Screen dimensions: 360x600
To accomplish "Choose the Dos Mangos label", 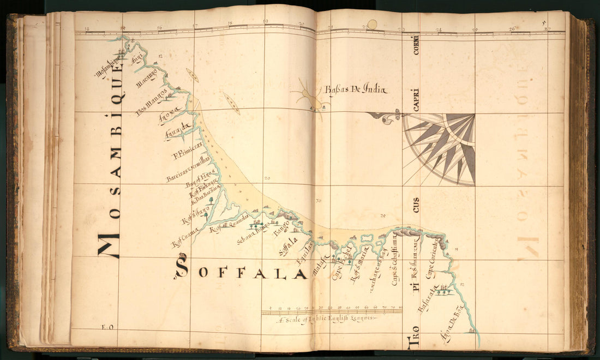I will [x=152, y=100].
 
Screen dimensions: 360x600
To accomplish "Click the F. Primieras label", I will [x=187, y=151].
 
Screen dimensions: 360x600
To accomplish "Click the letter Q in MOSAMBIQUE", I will [x=117, y=96].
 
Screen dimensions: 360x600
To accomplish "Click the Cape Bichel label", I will [x=340, y=265].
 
